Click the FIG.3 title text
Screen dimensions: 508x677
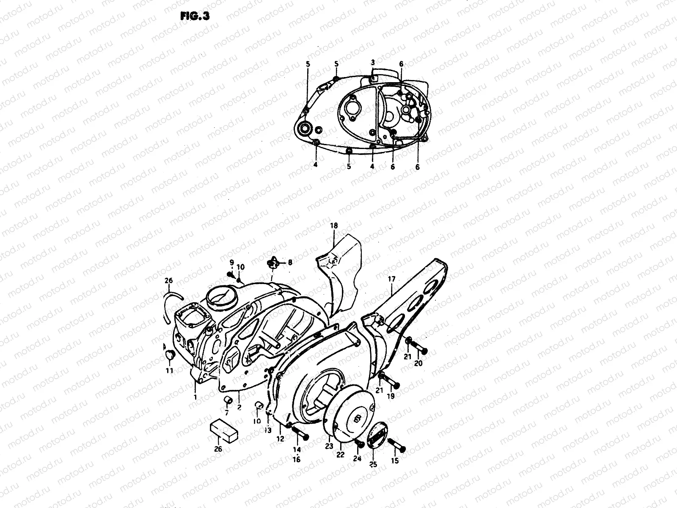coord(195,16)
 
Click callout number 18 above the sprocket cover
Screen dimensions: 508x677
coord(334,226)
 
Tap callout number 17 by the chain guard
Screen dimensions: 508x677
coord(391,279)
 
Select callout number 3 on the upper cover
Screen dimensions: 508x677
coord(372,63)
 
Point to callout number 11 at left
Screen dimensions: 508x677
coord(169,371)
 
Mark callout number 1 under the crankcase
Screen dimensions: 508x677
coord(195,397)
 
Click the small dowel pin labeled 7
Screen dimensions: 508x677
coord(228,400)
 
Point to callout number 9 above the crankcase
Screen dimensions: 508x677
coord(231,262)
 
